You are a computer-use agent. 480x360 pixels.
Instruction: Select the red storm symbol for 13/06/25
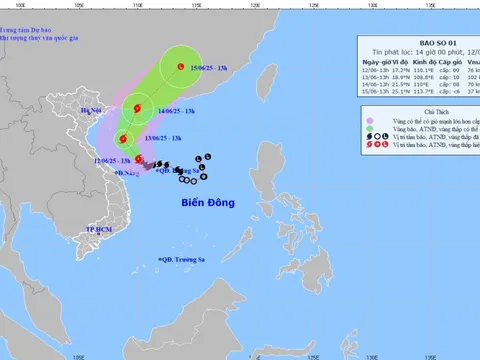coord(122,139)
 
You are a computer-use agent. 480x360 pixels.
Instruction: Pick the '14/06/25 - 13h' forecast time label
coord(181,110)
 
